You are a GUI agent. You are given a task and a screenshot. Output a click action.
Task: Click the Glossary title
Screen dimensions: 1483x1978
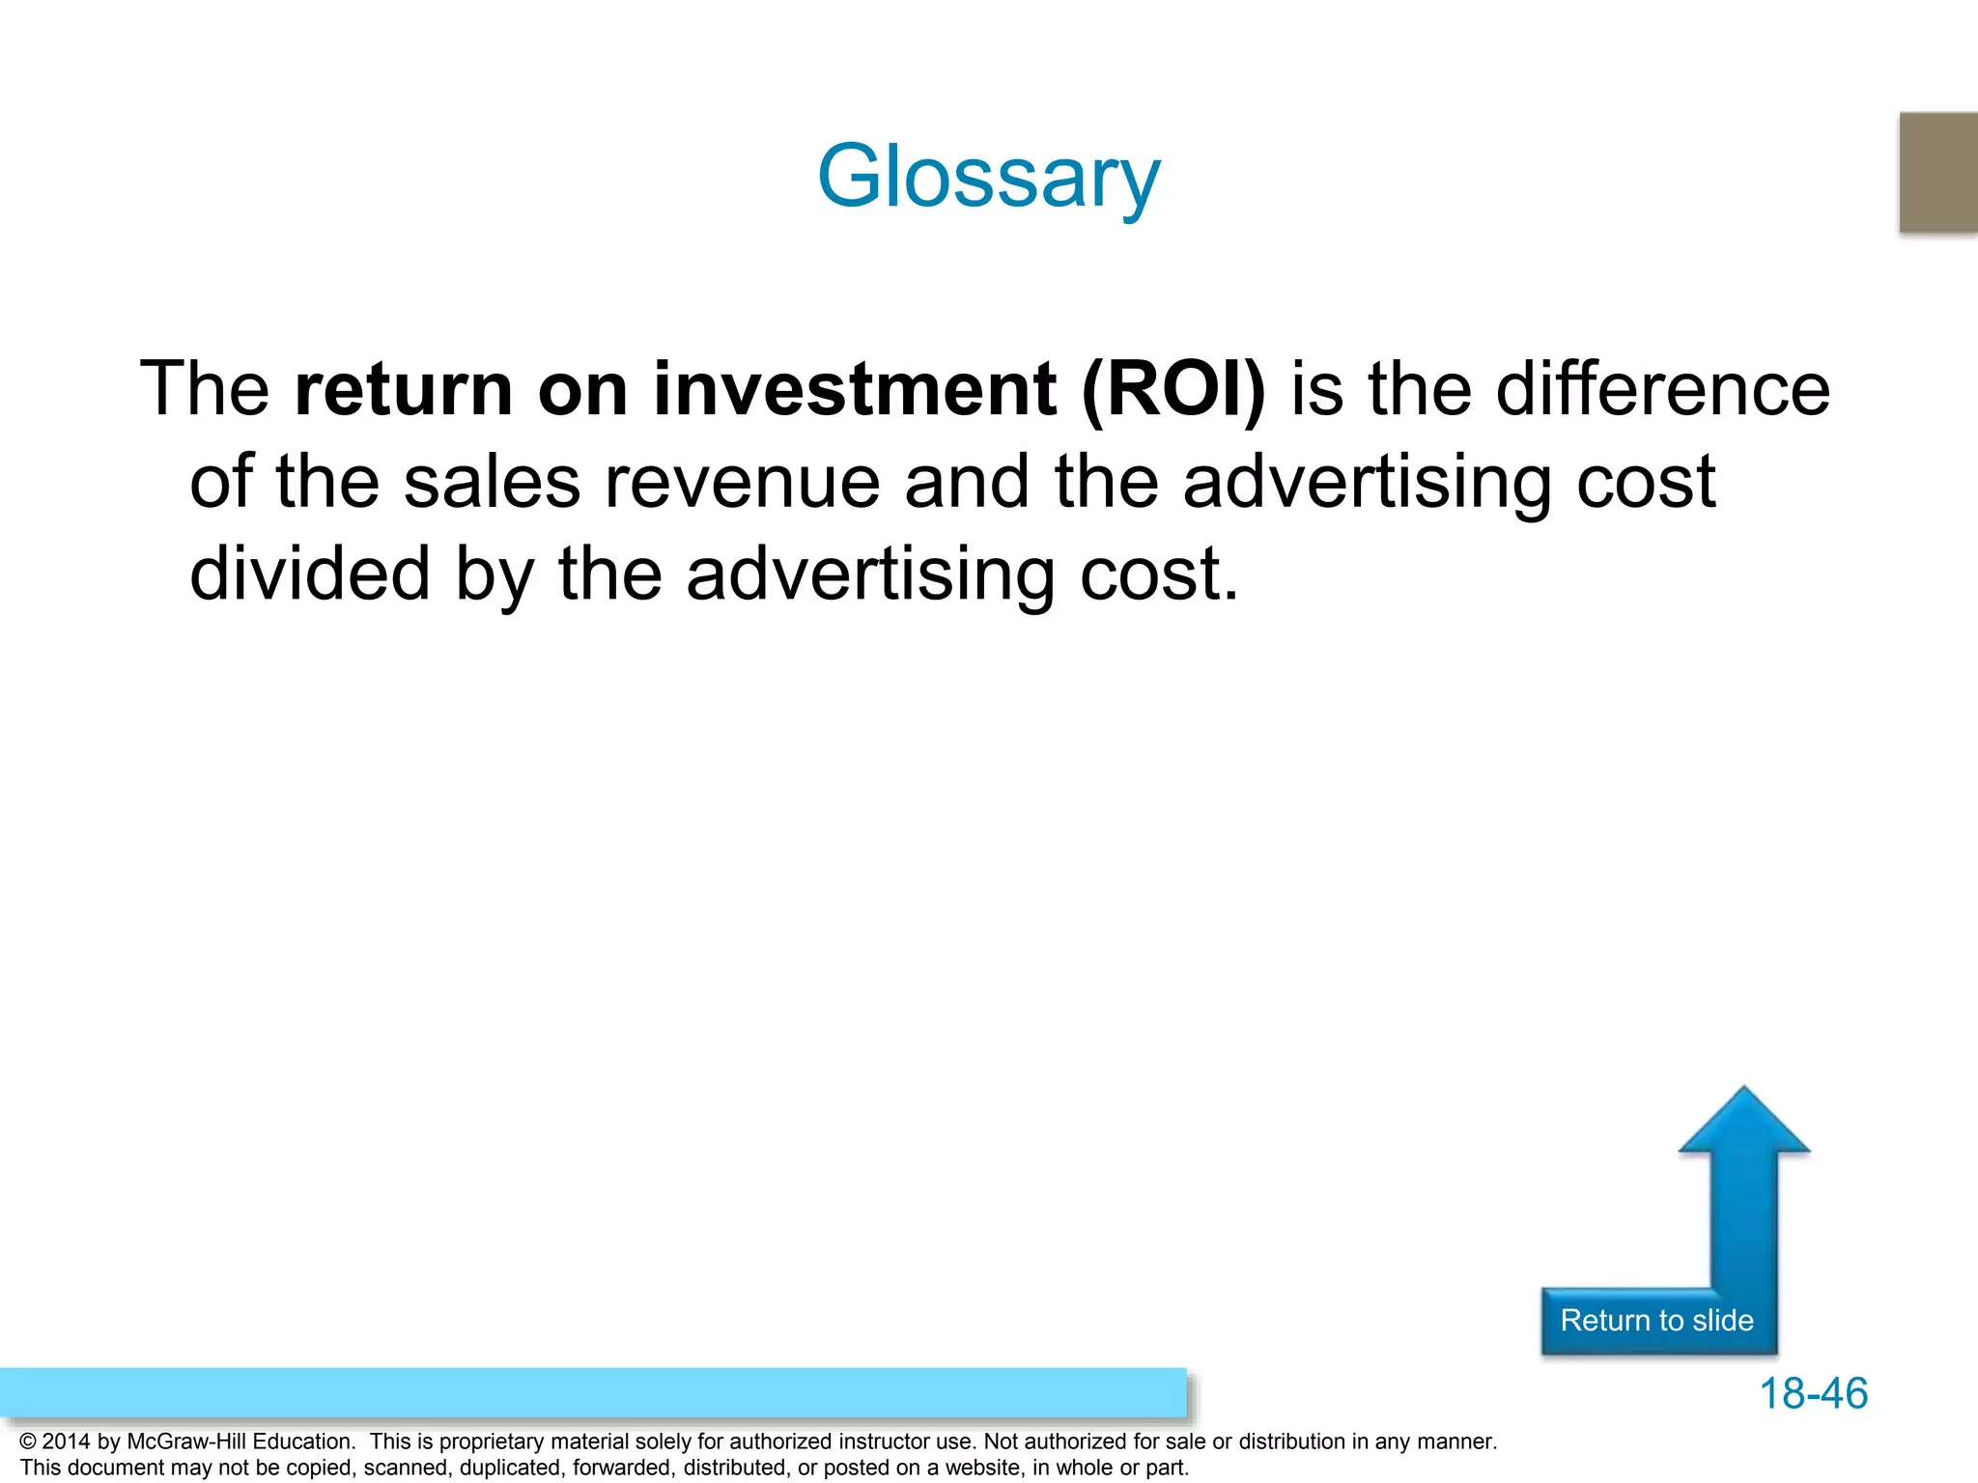988,177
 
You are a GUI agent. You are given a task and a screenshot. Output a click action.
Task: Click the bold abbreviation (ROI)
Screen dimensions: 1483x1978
1173,389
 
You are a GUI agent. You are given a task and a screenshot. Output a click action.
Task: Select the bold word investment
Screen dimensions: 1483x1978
854,389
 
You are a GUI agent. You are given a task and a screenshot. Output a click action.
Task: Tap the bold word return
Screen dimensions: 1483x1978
404,389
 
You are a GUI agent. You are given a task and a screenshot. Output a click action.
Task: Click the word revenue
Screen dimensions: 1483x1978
742,482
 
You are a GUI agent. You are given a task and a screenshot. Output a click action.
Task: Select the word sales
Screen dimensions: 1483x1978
492,482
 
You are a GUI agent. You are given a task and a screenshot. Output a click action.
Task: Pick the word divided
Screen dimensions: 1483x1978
309,574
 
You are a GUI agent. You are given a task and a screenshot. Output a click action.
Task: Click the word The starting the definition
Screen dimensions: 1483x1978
204,389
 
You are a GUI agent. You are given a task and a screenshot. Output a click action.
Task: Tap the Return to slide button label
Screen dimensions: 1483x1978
1656,1320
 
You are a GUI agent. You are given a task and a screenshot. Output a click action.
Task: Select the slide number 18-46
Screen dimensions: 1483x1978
1813,1393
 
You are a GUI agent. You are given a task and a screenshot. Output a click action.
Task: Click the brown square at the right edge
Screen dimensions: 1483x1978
1938,172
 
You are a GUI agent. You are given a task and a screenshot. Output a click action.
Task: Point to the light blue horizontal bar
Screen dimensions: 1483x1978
592,1392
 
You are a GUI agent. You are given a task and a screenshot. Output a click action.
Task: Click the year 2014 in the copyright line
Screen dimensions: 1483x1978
66,1441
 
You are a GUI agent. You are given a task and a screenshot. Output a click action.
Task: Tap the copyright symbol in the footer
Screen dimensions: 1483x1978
28,1441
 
